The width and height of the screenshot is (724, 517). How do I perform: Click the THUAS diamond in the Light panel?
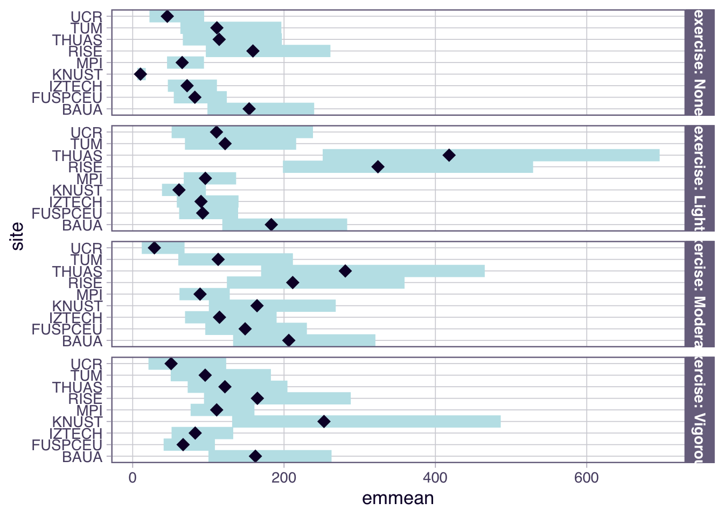(449, 156)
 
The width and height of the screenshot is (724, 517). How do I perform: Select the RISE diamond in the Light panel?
(378, 167)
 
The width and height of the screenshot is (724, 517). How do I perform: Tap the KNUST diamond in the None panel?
(141, 74)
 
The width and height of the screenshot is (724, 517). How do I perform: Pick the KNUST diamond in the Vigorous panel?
(324, 422)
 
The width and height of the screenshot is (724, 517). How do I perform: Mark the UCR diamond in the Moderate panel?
(155, 248)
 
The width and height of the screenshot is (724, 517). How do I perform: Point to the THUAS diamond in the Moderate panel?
(345, 271)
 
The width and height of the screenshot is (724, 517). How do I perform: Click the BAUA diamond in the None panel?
(249, 109)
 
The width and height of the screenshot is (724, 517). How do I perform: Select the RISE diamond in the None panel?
(253, 51)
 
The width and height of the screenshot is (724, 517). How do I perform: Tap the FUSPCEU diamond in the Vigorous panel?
(183, 445)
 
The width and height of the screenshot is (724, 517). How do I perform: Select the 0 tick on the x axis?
(133, 478)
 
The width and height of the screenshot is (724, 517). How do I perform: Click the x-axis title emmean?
(398, 499)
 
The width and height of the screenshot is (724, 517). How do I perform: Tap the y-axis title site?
(18, 236)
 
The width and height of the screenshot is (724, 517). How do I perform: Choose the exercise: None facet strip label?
(699, 62)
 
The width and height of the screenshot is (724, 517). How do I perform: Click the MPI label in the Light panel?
(89, 179)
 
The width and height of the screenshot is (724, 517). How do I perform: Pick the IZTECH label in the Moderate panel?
(75, 318)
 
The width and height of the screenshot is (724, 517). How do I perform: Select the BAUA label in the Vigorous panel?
(82, 457)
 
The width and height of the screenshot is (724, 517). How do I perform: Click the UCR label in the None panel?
(86, 17)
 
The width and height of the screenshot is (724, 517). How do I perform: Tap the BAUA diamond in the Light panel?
(271, 225)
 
